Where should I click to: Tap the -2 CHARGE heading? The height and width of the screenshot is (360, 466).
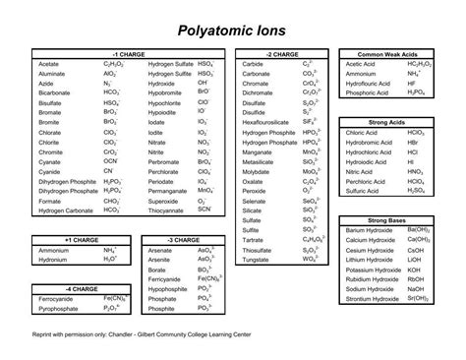coord(281,53)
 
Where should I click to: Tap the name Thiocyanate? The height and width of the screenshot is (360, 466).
coord(167,210)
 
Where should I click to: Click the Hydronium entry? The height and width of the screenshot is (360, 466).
coord(53,260)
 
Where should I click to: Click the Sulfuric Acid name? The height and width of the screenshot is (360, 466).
coord(363,191)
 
